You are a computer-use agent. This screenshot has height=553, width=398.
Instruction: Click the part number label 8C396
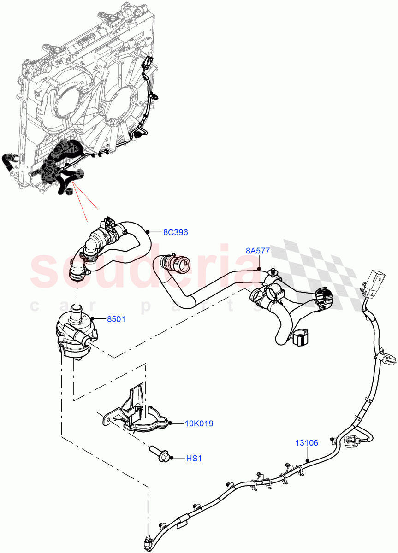175,232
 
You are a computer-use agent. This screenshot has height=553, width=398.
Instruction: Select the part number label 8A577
257,251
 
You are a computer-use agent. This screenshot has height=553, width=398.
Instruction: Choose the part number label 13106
307,443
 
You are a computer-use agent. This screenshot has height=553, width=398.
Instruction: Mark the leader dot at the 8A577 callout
260,268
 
